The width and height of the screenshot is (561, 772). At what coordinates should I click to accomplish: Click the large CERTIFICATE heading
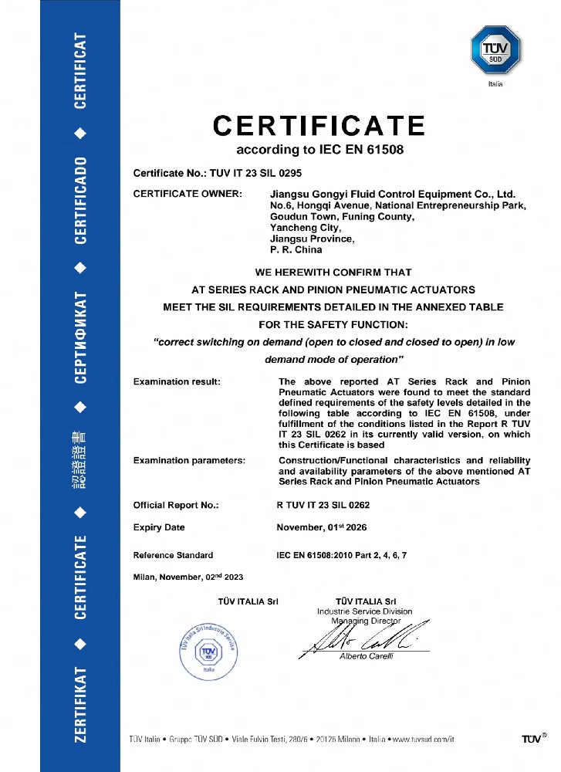[319, 126]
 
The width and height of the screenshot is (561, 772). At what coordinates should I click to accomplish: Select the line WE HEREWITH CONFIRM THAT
[333, 272]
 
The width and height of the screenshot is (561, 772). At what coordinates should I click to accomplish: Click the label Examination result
[177, 381]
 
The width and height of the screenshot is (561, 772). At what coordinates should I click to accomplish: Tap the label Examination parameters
[189, 460]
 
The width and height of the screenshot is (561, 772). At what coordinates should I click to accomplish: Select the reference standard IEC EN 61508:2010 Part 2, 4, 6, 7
[341, 555]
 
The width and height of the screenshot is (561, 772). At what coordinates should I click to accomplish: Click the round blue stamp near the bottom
[208, 651]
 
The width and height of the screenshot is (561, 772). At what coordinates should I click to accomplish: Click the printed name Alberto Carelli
[367, 656]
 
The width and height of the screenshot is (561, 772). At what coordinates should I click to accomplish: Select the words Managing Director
[367, 621]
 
